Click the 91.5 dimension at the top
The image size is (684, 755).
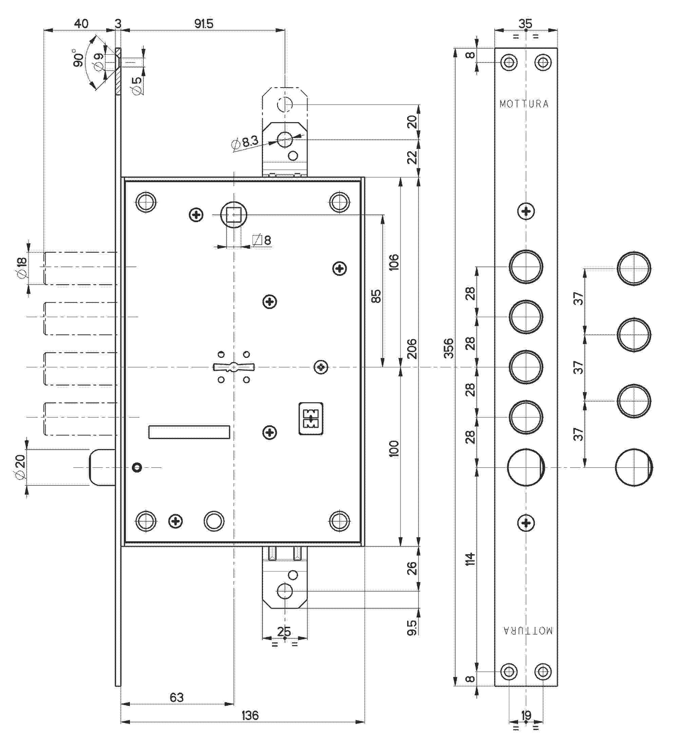point(204,24)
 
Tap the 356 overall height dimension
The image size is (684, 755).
point(449,348)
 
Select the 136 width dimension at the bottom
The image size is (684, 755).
point(250,715)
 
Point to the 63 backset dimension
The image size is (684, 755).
point(176,697)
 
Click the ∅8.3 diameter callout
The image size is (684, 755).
point(245,142)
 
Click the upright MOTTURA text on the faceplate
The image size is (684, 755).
point(524,104)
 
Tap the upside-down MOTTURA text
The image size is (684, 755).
point(528,630)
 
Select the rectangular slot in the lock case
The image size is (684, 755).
point(189,432)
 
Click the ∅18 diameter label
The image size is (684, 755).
point(21,267)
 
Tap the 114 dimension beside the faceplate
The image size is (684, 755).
point(470,559)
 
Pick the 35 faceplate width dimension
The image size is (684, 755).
point(525,24)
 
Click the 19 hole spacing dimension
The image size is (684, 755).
point(526,715)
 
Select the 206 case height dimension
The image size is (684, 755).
point(412,348)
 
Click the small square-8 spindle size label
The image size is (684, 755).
point(262,240)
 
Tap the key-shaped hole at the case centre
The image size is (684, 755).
point(233,367)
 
